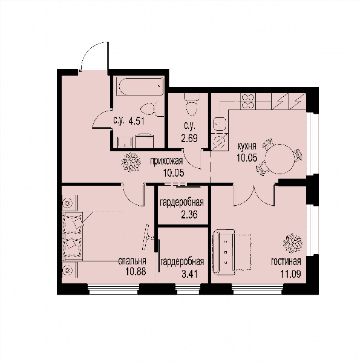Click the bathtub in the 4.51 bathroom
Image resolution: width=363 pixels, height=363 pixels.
pos(140,86)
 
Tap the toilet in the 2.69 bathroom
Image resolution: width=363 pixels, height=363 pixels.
pos(191,105)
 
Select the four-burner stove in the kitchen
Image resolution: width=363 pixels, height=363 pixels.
pos(247,101)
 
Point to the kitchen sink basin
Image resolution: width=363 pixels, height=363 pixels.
pos(219,124)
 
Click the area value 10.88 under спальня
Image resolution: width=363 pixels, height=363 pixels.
pos(136,272)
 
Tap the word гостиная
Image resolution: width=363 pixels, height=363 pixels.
pos(286,261)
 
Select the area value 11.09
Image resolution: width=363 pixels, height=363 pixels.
pos(291,274)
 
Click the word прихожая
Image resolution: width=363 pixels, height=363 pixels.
pos(166,161)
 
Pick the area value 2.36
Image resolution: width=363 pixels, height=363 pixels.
pos(189,215)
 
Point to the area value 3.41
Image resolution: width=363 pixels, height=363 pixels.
pos(189,274)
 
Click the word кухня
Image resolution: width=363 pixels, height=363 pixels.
pos(247,146)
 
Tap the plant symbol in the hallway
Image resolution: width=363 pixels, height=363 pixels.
pos(131,162)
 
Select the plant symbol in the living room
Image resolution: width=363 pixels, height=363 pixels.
pos(293,243)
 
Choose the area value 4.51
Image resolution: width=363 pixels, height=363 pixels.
pos(136,121)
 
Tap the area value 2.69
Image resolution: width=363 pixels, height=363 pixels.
pos(189,139)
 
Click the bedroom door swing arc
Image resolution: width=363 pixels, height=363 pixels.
pos(129,198)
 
